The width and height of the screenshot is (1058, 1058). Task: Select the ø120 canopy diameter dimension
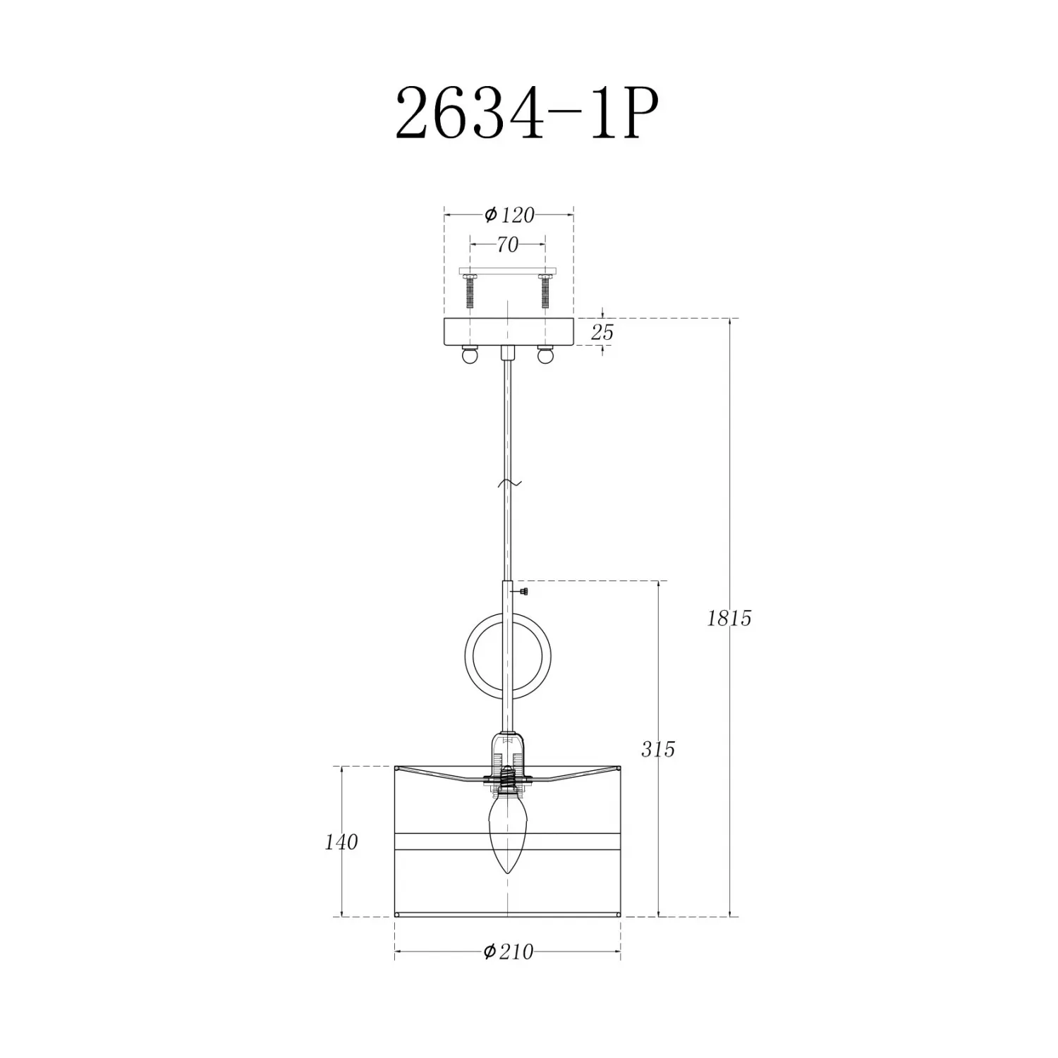(509, 214)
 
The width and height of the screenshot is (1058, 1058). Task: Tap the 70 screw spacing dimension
(508, 245)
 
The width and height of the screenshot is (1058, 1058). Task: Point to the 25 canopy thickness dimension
(602, 332)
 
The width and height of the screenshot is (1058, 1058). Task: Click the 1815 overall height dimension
(729, 618)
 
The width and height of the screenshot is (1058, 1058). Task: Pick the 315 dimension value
(658, 749)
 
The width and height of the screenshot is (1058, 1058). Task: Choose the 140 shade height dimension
(341, 841)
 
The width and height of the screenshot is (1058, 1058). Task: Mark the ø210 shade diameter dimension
(508, 952)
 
